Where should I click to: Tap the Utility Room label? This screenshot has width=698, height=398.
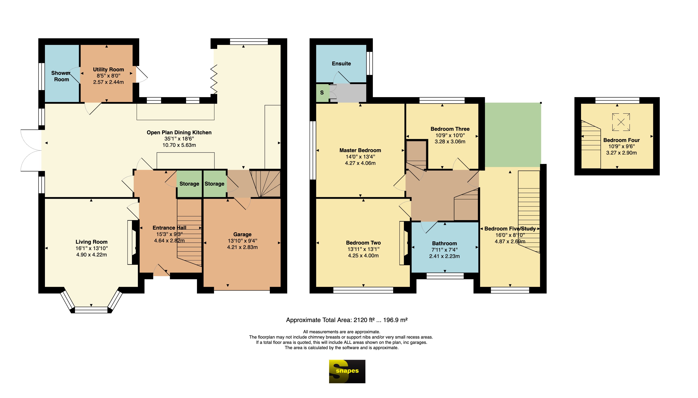[x=108, y=69]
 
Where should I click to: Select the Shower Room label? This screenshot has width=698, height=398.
[x=61, y=76]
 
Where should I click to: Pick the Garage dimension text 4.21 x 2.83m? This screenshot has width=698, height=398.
[x=242, y=247]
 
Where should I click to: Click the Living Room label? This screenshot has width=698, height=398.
[x=91, y=242]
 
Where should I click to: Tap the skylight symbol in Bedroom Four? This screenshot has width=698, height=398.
[x=621, y=122]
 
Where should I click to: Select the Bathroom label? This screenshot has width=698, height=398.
[x=444, y=243]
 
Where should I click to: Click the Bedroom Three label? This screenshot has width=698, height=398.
[x=450, y=129]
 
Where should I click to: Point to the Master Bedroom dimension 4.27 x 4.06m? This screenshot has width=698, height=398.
[x=360, y=163]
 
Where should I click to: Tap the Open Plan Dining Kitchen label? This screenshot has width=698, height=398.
[x=179, y=132]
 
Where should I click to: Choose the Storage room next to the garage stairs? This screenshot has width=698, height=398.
[x=215, y=184]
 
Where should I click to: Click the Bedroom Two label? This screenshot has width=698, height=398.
[x=363, y=242]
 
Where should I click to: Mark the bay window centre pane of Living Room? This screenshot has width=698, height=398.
[x=91, y=310]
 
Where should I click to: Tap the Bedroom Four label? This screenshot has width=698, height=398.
[x=621, y=140]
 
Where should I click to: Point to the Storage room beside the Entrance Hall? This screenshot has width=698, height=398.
[x=189, y=184]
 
